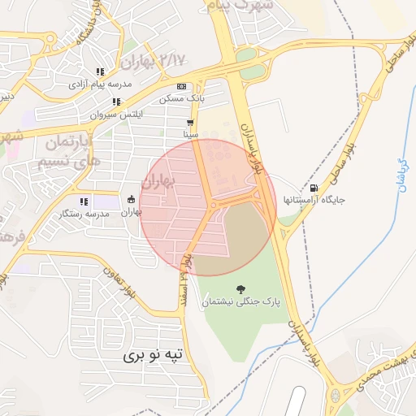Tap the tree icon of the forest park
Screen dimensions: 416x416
point(240,288)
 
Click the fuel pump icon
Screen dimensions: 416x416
point(314,187)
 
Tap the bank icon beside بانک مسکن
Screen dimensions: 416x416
point(181,87)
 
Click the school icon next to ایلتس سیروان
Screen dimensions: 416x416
point(116,102)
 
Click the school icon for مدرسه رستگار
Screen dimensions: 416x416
point(83,201)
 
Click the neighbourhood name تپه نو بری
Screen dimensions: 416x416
point(155,355)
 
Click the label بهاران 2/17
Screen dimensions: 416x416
point(151,60)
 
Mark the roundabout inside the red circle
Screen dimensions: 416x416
point(213,206)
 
